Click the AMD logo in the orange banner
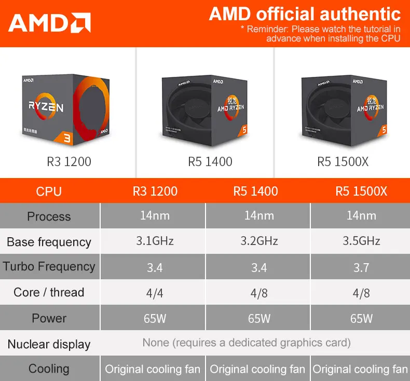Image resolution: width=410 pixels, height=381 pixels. (49, 23)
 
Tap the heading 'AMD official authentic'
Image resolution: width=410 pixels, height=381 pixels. (305, 14)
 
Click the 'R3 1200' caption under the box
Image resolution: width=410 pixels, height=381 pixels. (69, 161)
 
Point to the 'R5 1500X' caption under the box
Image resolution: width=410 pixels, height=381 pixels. (343, 161)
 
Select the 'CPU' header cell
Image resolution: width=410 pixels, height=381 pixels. (49, 192)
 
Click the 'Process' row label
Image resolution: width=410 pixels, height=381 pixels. (49, 216)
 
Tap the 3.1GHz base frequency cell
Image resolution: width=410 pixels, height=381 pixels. (155, 241)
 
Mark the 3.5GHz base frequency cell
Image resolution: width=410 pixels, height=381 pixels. (361, 241)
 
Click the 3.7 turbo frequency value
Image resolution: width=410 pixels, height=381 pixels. (361, 268)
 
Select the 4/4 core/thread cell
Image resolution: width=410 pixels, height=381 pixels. (155, 293)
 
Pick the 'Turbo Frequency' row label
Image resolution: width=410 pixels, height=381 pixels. (49, 267)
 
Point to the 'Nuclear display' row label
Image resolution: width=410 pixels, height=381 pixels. (49, 344)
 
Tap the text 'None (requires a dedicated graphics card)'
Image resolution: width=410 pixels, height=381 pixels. (247, 343)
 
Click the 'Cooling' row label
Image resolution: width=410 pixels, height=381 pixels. (49, 369)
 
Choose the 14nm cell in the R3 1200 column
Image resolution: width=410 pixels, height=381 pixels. (155, 215)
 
